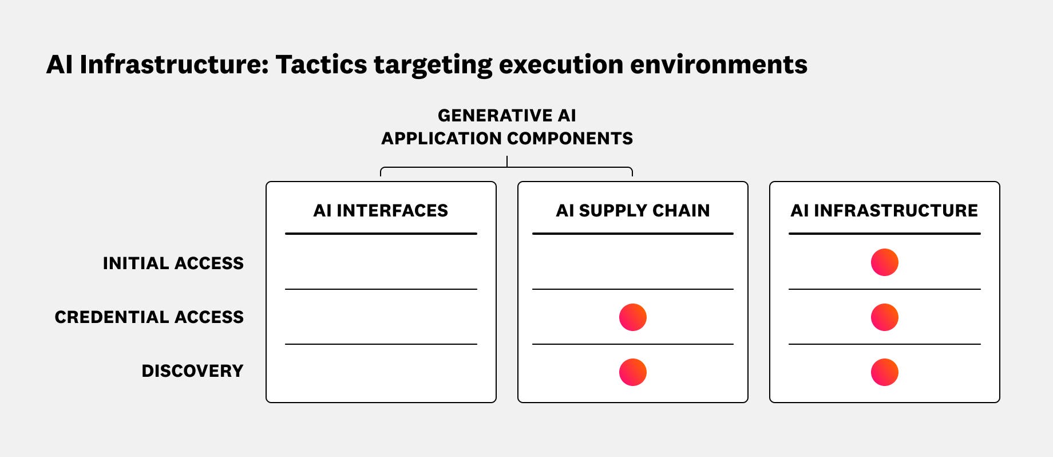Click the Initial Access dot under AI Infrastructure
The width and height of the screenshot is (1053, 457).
click(x=884, y=262)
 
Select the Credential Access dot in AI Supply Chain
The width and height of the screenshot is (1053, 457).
click(x=632, y=317)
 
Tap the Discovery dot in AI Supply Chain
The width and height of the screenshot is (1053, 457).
click(x=632, y=372)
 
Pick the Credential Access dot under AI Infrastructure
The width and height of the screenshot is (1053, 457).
click(x=884, y=317)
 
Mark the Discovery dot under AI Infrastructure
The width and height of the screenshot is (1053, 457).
click(x=884, y=372)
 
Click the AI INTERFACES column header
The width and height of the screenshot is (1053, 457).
click(x=381, y=211)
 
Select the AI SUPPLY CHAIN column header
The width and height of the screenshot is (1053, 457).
click(x=632, y=211)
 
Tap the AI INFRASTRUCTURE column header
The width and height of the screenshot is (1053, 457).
click(x=884, y=211)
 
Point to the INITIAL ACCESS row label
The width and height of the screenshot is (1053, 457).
click(x=173, y=263)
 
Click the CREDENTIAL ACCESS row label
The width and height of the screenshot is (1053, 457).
click(x=149, y=317)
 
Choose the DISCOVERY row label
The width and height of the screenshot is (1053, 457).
click(x=192, y=371)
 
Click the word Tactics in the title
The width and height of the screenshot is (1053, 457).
click(x=320, y=65)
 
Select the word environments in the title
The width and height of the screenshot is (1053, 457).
click(x=718, y=65)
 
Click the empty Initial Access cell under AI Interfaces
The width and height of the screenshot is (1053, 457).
click(x=381, y=262)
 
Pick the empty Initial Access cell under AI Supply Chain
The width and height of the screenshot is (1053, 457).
click(x=632, y=262)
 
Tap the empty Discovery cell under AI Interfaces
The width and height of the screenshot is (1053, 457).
click(x=381, y=372)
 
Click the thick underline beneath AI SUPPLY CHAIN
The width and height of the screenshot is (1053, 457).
click(x=632, y=234)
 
